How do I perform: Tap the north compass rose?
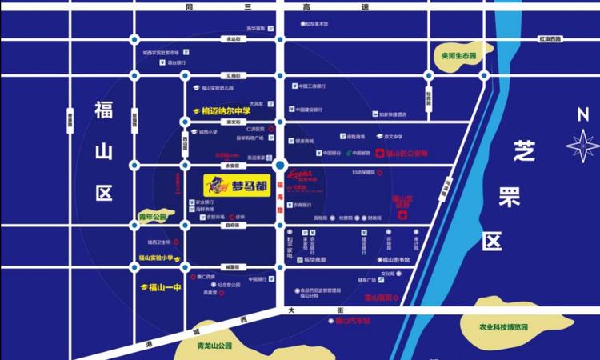[582, 146]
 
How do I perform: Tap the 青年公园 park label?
[152, 216]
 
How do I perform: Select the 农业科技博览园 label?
[504, 326]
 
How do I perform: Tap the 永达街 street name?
[233, 38]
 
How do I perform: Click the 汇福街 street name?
[233, 74]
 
